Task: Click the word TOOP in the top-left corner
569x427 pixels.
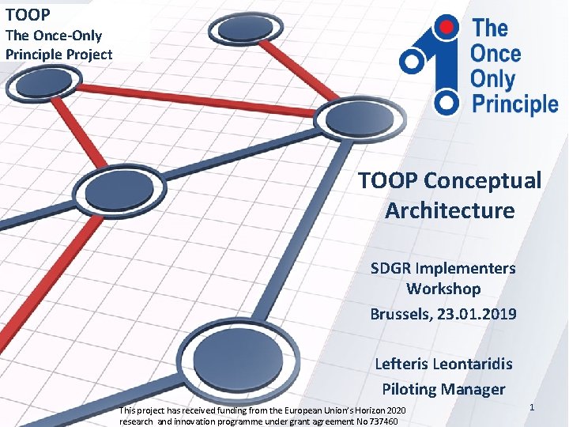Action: (x=28, y=14)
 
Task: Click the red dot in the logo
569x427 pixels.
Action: (x=448, y=28)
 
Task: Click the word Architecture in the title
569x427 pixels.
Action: (x=450, y=210)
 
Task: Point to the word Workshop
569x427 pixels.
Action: (x=443, y=289)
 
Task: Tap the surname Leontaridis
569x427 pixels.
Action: (x=467, y=364)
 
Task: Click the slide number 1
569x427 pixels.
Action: (x=532, y=406)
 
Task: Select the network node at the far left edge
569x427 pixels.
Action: (x=44, y=81)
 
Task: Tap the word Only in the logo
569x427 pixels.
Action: (x=492, y=78)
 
